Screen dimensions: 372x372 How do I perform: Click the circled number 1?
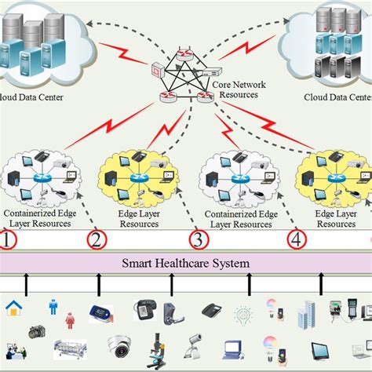click(7, 239)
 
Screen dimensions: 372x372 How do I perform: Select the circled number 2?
click(97, 239)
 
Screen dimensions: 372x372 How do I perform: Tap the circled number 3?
click(199, 239)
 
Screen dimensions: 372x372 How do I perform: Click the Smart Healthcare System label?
click(185, 263)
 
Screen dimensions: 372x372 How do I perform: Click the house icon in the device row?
click(13, 308)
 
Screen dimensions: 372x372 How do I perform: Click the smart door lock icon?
click(170, 312)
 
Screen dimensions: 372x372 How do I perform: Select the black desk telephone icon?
click(211, 311)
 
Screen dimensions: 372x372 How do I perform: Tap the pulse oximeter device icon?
click(98, 311)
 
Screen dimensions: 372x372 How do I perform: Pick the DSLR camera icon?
click(37, 332)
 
